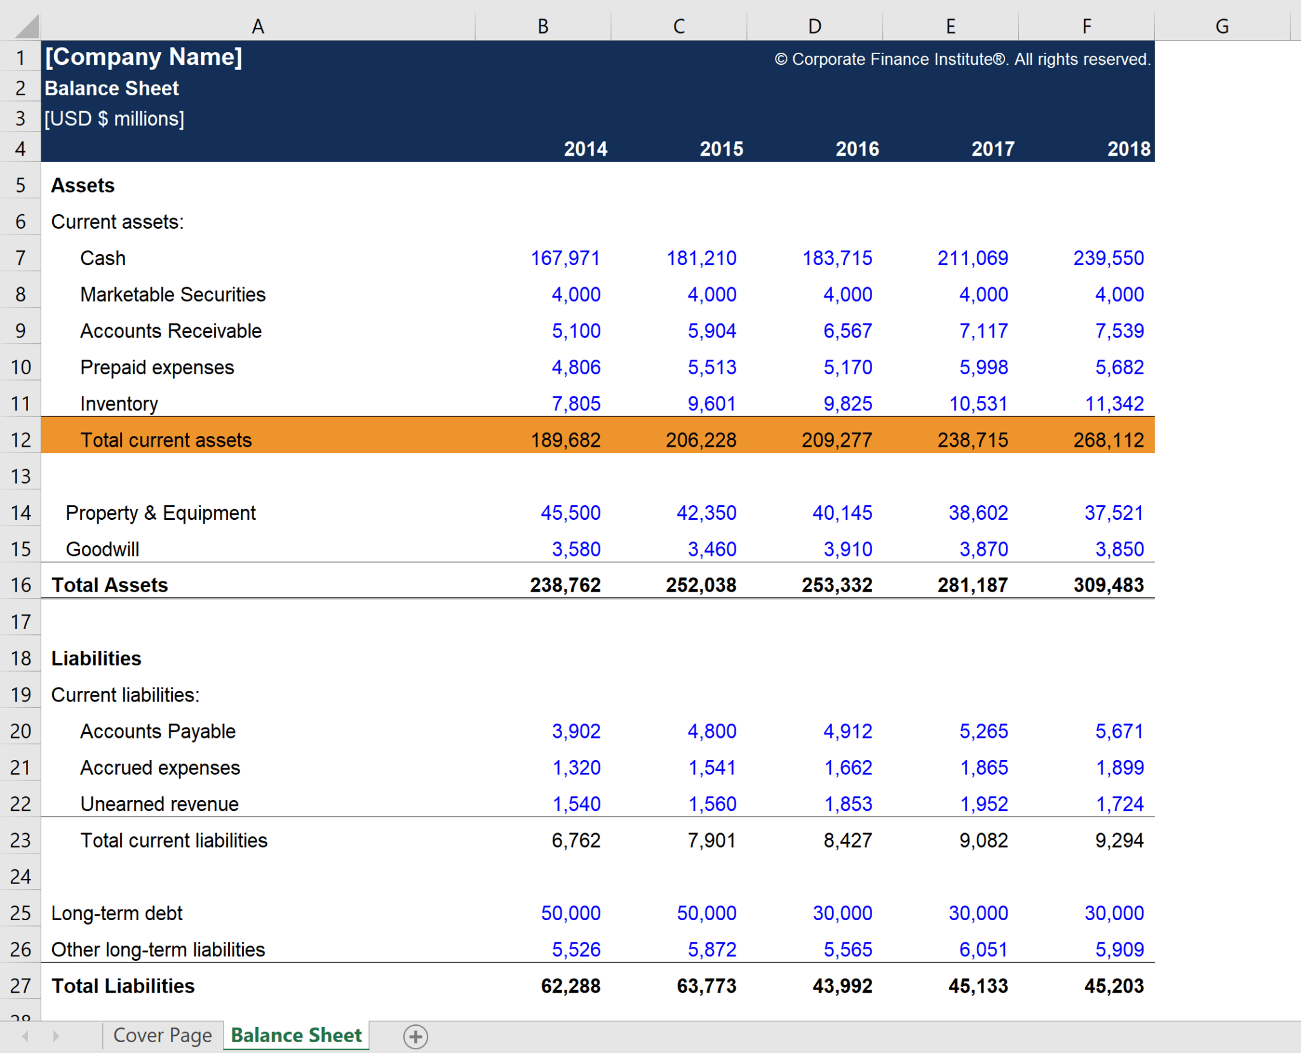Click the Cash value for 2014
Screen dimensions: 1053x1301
tap(565, 258)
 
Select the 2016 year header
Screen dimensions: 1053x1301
tap(857, 149)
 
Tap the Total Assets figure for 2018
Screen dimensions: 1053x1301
tap(1109, 585)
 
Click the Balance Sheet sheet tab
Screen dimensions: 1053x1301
tap(296, 1035)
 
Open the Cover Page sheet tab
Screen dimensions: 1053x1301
tap(162, 1035)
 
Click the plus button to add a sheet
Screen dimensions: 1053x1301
tap(415, 1036)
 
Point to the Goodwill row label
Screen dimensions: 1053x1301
tap(102, 549)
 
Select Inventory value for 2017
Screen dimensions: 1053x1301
tap(978, 404)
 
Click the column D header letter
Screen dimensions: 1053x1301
tap(814, 26)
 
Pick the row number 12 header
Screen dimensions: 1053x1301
tap(20, 440)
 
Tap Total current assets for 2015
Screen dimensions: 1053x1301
tap(701, 440)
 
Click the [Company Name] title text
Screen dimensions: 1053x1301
tap(144, 57)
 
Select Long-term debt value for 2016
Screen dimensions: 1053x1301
tap(842, 913)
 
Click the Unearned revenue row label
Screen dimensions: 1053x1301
tap(159, 804)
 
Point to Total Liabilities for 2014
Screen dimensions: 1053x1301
tap(570, 986)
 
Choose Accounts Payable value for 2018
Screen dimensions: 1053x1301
tap(1119, 731)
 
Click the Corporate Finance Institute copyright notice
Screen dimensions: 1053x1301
tap(962, 59)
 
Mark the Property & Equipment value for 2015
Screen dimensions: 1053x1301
tap(706, 513)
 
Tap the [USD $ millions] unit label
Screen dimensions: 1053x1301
tap(114, 119)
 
